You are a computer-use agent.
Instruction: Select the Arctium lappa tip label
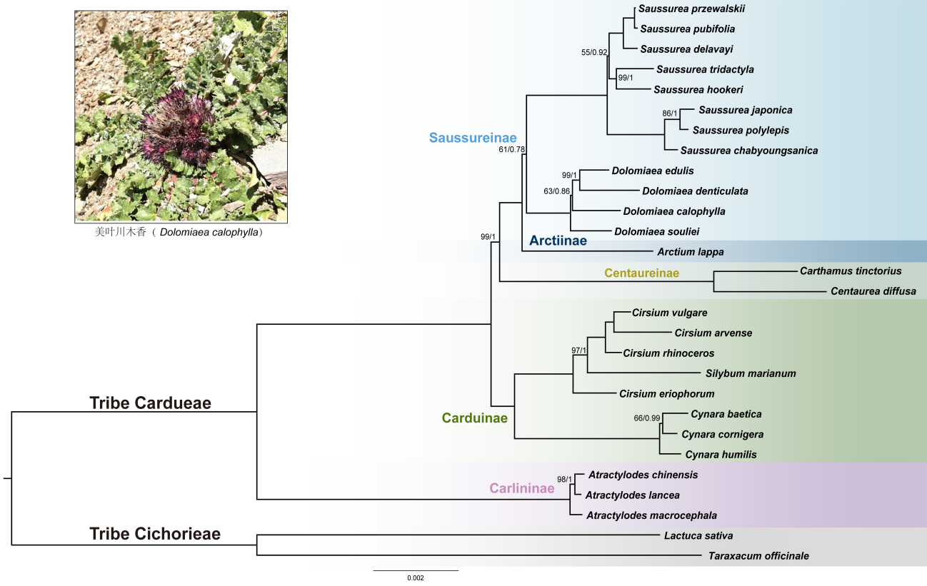coord(690,252)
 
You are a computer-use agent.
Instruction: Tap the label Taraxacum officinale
coord(758,555)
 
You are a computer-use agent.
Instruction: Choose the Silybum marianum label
coord(750,373)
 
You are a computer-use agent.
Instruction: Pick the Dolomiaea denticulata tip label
coord(695,191)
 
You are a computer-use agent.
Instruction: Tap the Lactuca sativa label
coord(698,535)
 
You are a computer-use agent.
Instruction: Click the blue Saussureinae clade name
coord(473,138)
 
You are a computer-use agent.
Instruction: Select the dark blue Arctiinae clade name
coord(558,241)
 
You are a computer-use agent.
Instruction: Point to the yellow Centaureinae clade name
coord(641,273)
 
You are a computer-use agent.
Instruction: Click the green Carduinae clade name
coord(474,418)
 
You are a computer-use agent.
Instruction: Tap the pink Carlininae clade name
coord(521,489)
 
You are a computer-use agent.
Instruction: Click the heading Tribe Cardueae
coord(150,403)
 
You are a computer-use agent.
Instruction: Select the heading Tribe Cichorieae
coord(155,534)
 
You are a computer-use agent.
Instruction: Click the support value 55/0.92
coord(594,52)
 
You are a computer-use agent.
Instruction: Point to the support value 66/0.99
coord(647,418)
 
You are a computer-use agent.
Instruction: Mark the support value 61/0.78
coord(512,149)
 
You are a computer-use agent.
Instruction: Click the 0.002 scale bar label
coord(415,578)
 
